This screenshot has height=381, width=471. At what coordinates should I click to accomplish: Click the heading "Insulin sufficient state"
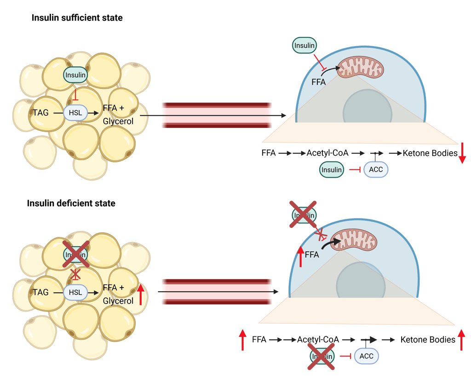point(77,18)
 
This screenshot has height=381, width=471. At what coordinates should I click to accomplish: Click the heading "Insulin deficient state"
point(71,203)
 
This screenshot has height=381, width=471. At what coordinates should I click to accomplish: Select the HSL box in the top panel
point(75,112)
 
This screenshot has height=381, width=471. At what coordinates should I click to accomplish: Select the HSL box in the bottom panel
point(75,292)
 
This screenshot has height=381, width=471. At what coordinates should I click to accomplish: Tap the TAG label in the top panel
point(41,112)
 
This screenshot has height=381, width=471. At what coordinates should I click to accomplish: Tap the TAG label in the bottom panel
point(41,292)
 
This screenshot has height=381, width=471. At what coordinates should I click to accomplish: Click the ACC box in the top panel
point(376,169)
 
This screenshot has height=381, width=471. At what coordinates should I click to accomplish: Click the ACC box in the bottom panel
point(366,356)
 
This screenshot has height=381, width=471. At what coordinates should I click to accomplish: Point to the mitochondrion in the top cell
point(361,67)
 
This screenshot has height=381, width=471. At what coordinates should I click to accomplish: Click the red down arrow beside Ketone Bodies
point(462,153)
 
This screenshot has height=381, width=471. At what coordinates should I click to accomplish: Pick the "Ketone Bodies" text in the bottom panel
point(428,340)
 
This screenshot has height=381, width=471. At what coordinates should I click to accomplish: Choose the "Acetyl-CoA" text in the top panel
point(327,153)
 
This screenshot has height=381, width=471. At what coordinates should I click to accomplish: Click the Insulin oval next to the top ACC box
point(332,170)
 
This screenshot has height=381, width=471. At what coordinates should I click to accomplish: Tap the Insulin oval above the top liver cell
point(304,46)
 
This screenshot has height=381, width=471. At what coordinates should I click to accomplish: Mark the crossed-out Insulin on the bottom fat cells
point(75,254)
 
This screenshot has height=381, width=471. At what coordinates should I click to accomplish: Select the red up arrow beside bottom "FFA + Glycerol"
point(141,294)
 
